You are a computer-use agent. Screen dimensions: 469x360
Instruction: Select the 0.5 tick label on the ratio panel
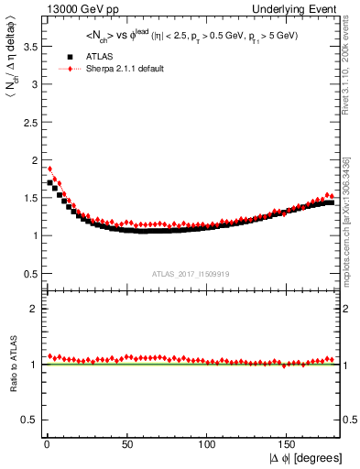(x=28, y=420)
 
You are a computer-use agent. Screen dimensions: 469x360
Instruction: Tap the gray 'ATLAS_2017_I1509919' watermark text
(x=191, y=273)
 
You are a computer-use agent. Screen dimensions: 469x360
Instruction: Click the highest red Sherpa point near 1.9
(x=49, y=169)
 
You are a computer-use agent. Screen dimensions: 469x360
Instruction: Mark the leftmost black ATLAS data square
(x=49, y=182)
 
